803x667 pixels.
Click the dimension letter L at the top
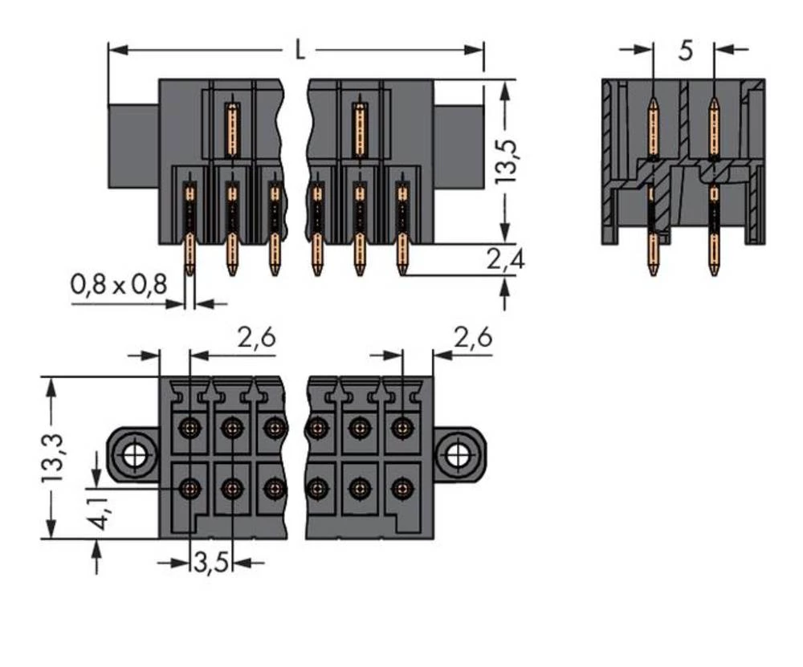pyautogui.click(x=299, y=51)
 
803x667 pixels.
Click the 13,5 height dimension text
pyautogui.click(x=507, y=162)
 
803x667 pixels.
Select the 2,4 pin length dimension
pyautogui.click(x=505, y=258)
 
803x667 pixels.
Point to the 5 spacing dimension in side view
pyautogui.click(x=684, y=51)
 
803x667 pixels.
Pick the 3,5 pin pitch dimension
pyautogui.click(x=211, y=563)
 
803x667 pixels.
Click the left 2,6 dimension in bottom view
pyautogui.click(x=256, y=338)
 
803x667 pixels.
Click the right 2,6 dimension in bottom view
pyautogui.click(x=472, y=338)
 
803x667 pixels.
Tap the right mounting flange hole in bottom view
pyautogui.click(x=459, y=455)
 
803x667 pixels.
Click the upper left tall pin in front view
pyautogui.click(x=232, y=128)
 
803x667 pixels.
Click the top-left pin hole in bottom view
pyautogui.click(x=190, y=426)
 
